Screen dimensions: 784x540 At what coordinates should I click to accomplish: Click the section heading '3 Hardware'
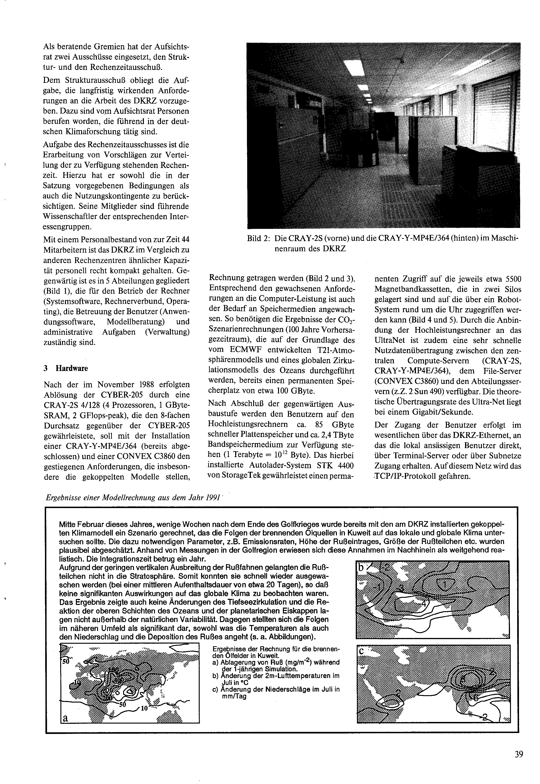pyautogui.click(x=66, y=368)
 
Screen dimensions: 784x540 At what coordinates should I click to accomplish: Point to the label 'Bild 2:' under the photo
pyautogui.click(x=258, y=239)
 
